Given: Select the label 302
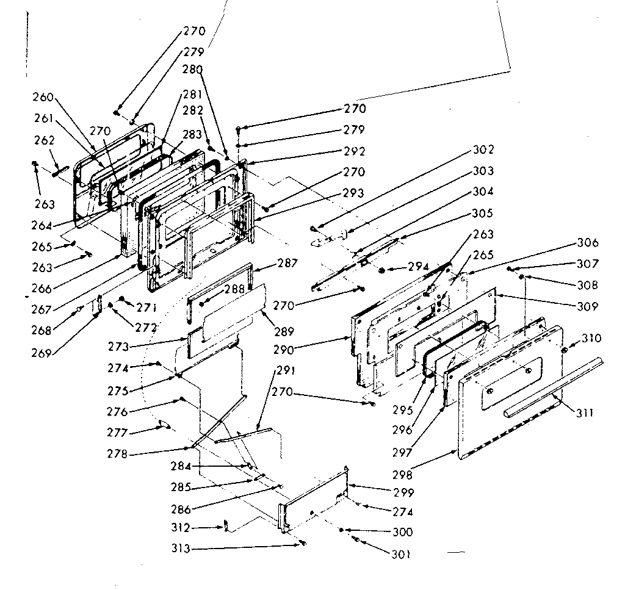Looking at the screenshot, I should [x=483, y=150].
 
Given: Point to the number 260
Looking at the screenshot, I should [x=43, y=97].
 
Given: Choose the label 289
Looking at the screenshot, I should [x=284, y=332].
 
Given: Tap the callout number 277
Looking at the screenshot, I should [x=117, y=433].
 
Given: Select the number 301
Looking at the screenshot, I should [x=402, y=554].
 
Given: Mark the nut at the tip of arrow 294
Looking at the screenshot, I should [x=382, y=269].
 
